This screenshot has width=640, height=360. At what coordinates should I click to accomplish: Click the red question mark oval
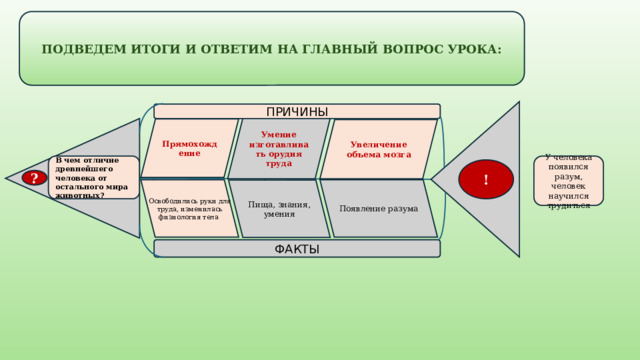[x=35, y=178]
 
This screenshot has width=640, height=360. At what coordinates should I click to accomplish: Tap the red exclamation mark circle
[x=486, y=179]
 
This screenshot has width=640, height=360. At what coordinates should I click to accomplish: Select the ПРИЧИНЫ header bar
[x=296, y=111]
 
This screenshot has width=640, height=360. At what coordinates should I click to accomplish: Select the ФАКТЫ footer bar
[x=296, y=248]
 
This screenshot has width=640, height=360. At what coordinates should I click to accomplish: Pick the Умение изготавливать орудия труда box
[x=279, y=148]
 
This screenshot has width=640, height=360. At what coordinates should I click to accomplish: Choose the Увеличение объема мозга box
[x=379, y=149]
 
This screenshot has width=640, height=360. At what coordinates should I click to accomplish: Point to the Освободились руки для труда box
[x=189, y=208]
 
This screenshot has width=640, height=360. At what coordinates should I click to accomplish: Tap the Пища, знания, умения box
[x=279, y=208]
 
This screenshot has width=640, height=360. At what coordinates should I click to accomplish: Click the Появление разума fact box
[x=379, y=208]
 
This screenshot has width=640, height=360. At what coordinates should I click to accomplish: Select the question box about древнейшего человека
[x=94, y=177]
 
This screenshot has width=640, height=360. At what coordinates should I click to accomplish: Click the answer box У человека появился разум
[x=568, y=180]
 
